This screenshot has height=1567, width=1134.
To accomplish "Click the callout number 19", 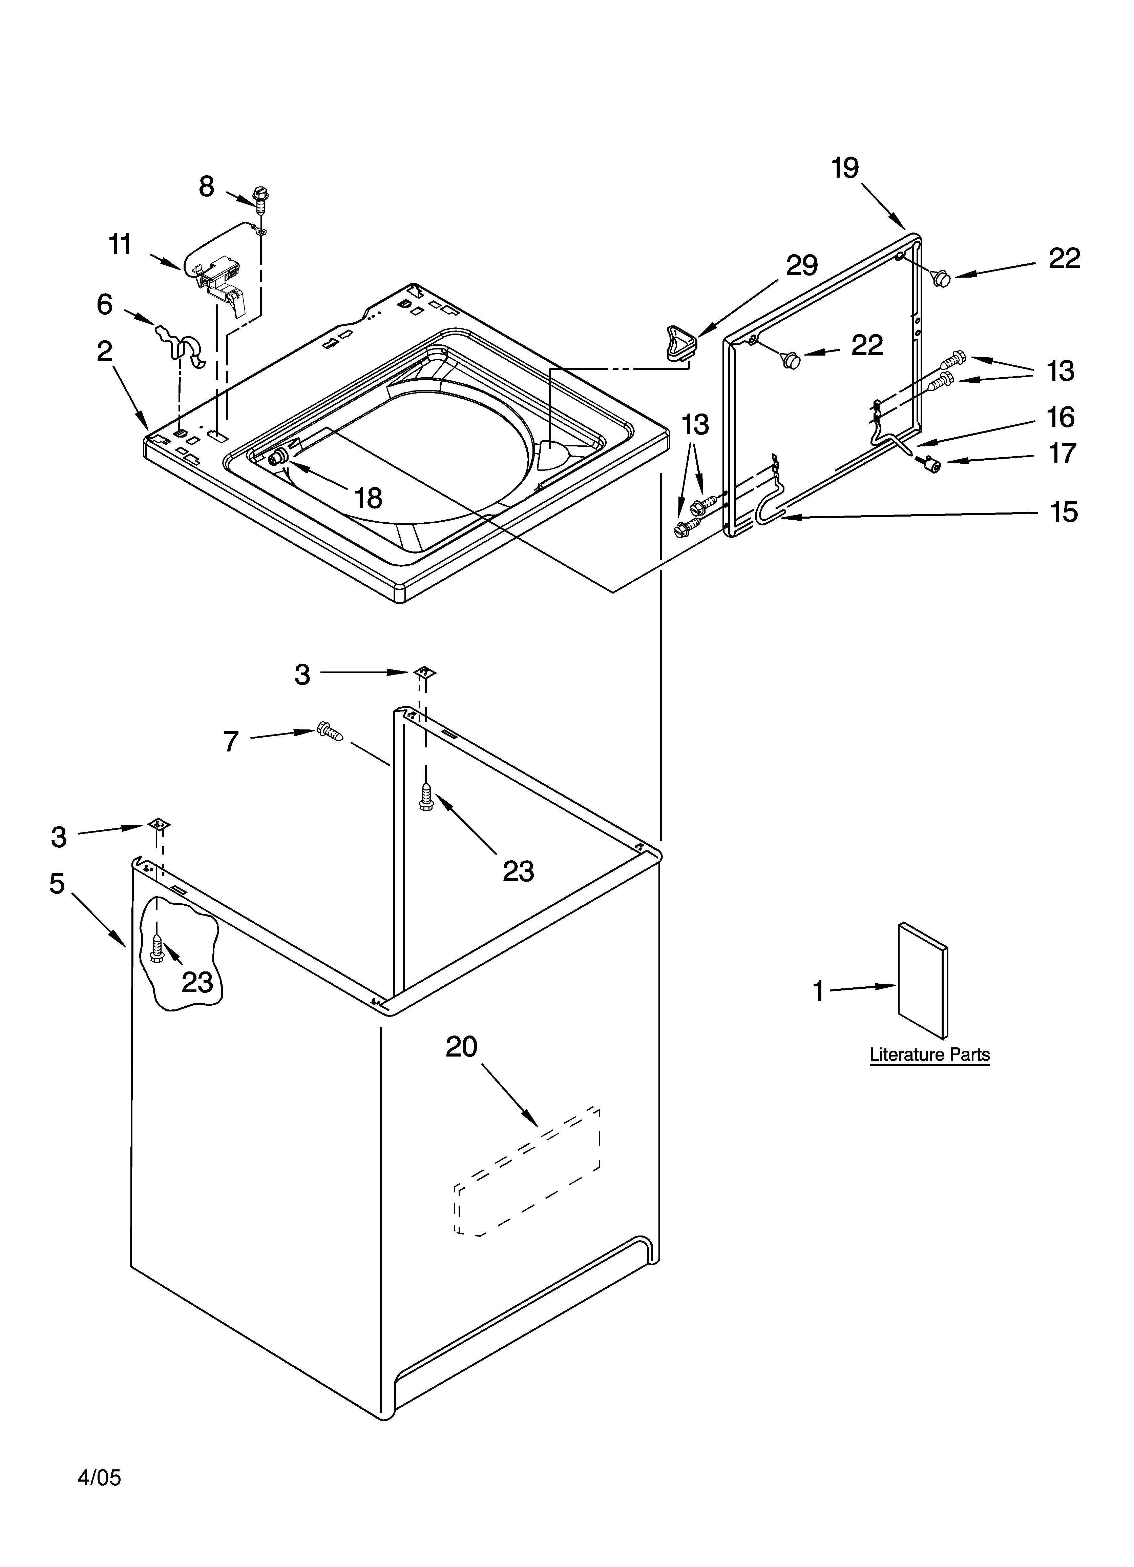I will (845, 168).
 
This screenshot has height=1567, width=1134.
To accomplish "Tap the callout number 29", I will (802, 265).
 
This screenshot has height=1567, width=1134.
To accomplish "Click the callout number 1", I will (818, 991).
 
